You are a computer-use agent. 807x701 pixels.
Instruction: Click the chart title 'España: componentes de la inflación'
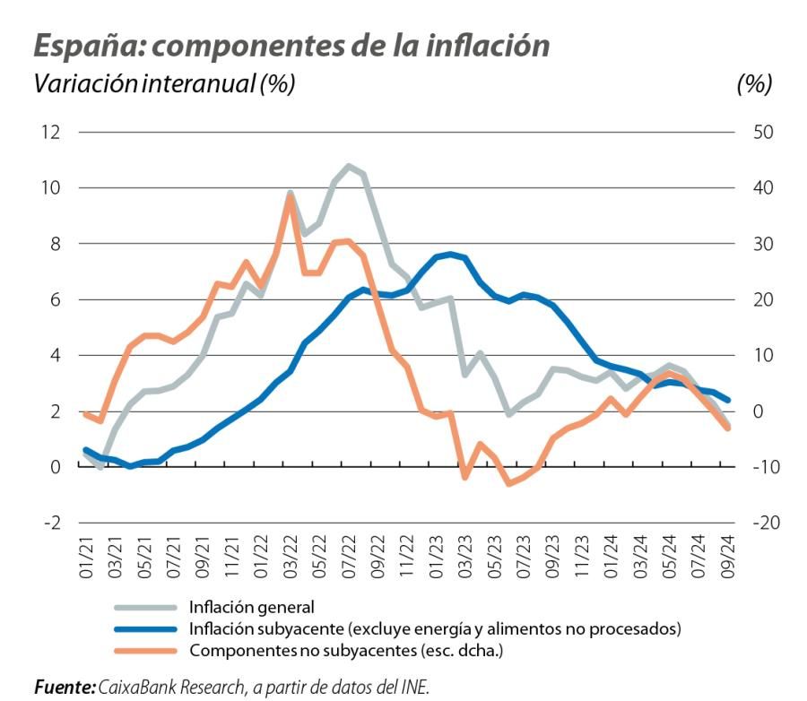point(291,46)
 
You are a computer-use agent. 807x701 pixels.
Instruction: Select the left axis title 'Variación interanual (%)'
point(164,84)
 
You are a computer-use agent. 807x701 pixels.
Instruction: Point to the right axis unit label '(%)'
point(754,84)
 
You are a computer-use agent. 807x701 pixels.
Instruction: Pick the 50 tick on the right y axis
point(751,133)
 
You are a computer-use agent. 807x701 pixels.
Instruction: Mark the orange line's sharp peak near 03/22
point(290,196)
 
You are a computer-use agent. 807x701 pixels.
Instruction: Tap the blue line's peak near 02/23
point(450,254)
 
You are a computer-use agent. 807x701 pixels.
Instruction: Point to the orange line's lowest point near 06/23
point(508,483)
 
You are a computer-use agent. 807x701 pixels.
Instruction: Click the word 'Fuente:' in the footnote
point(65,687)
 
